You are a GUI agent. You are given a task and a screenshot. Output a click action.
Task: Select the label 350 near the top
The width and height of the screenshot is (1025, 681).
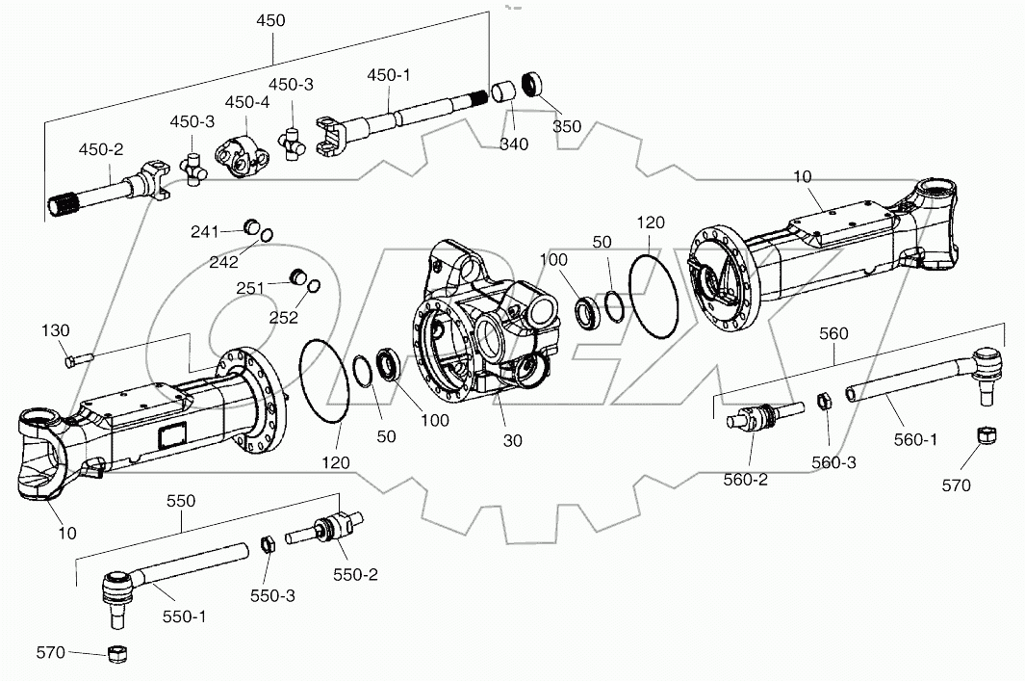click(x=567, y=125)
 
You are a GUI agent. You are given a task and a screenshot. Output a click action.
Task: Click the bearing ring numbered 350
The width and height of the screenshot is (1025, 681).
click(x=534, y=84)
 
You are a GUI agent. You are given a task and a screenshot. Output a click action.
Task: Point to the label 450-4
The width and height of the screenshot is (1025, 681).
click(x=247, y=102)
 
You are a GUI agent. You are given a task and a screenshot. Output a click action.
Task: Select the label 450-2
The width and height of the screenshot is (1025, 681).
click(x=100, y=149)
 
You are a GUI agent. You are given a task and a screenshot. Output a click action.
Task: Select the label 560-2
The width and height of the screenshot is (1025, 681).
click(x=745, y=479)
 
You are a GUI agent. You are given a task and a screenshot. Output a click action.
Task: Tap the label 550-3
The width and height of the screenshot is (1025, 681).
click(x=273, y=595)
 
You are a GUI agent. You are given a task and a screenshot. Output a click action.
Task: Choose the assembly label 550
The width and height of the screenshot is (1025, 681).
click(x=181, y=501)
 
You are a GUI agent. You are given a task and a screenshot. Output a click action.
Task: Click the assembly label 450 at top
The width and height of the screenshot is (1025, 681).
click(x=271, y=20)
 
